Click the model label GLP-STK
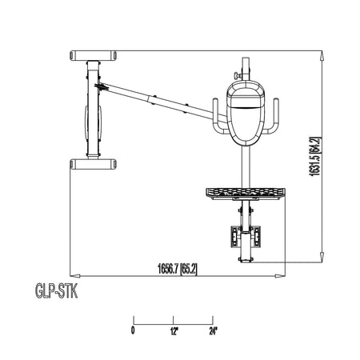pyautogui.click(x=57, y=291)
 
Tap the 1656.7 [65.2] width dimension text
pyautogui.click(x=178, y=269)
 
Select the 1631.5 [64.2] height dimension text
pyautogui.click(x=315, y=156)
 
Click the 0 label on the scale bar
pyautogui.click(x=133, y=330)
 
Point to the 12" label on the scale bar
pyautogui.click(x=174, y=331)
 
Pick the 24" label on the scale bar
pyautogui.click(x=213, y=331)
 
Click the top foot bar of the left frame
pyautogui.click(x=93, y=55)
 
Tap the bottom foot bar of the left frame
pyautogui.click(x=93, y=164)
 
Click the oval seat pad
pyautogui.click(x=246, y=113)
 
